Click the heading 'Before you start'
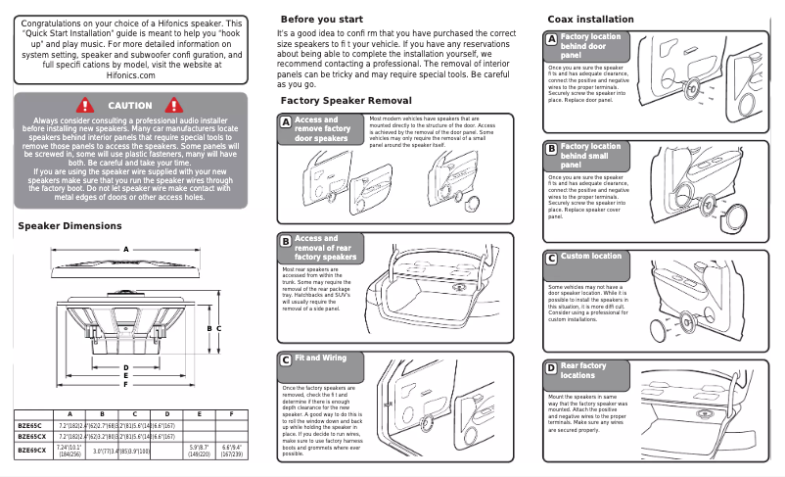[x=322, y=20]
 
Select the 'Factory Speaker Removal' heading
[x=346, y=101]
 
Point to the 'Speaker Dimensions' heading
[x=70, y=226]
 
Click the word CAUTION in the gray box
[x=129, y=106]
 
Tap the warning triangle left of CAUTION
[x=85, y=106]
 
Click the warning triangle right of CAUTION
[x=176, y=106]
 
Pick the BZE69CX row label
[x=32, y=451]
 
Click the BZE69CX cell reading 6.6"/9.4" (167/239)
[x=231, y=451]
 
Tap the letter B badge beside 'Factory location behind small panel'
[x=551, y=149]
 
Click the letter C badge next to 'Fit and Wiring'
[x=285, y=359]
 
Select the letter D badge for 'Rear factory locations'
[x=551, y=368]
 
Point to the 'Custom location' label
[x=590, y=257]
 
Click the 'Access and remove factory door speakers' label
[x=322, y=129]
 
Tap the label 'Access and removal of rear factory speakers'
[x=325, y=248]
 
